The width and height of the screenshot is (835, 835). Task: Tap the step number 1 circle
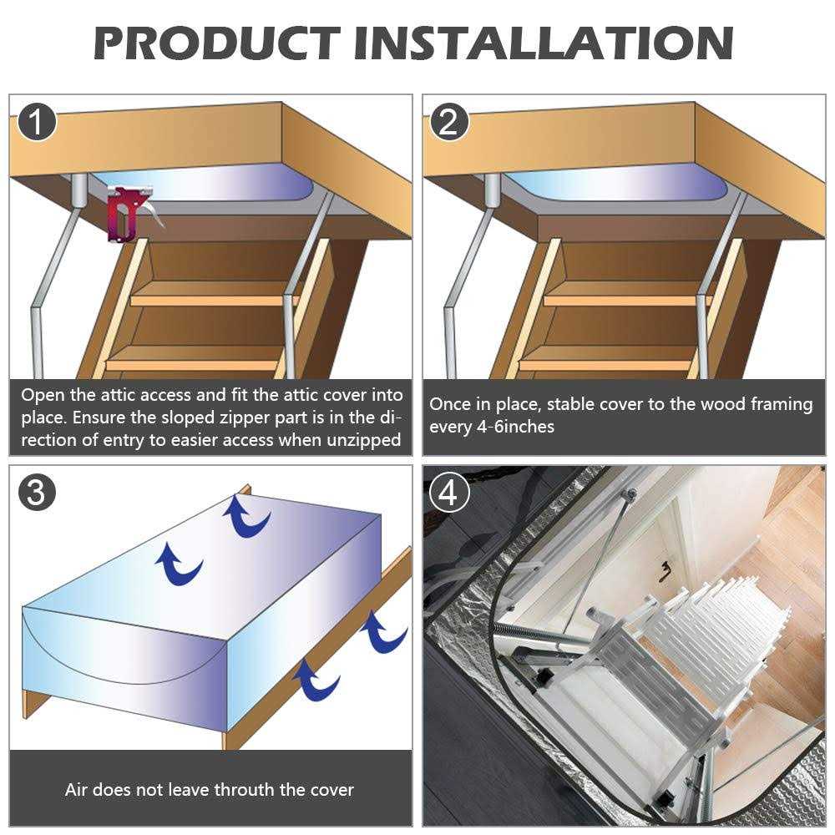click(x=36, y=122)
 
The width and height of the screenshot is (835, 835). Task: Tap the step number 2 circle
click(x=449, y=122)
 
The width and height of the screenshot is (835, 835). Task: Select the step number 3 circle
click(x=36, y=492)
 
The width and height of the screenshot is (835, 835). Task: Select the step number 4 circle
click(x=449, y=493)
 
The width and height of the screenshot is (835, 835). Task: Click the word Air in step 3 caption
click(x=78, y=789)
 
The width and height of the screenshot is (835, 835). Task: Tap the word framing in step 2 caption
click(x=780, y=404)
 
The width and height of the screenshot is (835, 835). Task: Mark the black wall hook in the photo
click(x=665, y=572)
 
